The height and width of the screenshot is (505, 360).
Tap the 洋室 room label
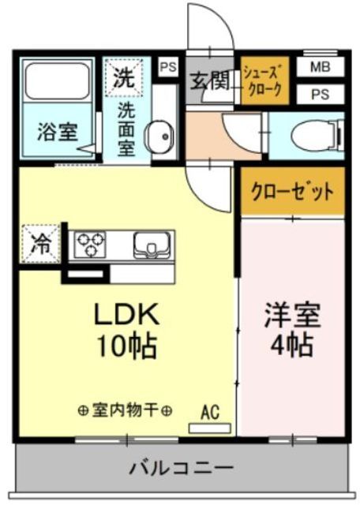coord(292,316)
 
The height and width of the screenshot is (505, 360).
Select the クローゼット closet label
coord(292,192)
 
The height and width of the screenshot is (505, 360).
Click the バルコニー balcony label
coord(182,469)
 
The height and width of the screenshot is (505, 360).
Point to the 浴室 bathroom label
coord(58,132)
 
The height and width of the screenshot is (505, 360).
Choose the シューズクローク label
coord(264,79)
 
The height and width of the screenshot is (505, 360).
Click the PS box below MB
coord(321,94)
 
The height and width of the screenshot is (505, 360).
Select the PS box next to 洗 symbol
coord(168,68)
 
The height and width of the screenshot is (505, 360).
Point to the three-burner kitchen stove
coord(91,245)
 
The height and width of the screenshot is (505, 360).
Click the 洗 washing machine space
coord(122,77)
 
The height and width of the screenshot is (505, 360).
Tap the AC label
coord(209,411)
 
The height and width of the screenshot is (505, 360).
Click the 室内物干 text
coord(126,410)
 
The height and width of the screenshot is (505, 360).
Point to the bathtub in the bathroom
coord(58,81)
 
